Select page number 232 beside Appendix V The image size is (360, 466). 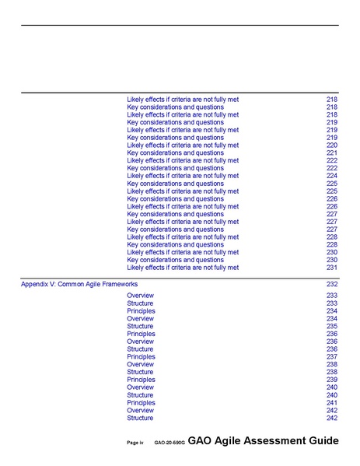coord(332,285)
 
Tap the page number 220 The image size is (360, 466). coord(332,145)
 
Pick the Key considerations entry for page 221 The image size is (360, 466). coord(175,153)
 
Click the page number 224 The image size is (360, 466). coord(332,176)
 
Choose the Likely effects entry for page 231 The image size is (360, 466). coord(182,268)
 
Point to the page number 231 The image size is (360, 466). coord(332,268)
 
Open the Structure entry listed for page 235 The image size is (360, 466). coord(140,327)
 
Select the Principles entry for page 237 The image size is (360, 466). coord(141,357)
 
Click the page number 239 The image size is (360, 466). coord(332,380)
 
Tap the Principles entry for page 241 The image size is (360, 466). coord(141,403)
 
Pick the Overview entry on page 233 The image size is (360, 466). coord(140,296)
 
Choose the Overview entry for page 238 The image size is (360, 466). coord(140,364)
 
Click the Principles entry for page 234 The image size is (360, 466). coord(141,311)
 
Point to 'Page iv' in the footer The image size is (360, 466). coord(135,443)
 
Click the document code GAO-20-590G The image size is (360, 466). coord(169,443)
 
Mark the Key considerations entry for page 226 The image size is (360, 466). coord(175,199)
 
